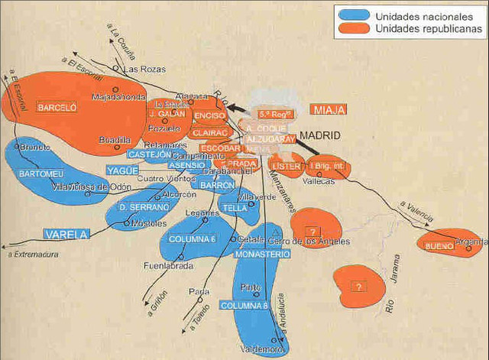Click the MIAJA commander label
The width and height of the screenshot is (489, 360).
pyautogui.click(x=329, y=110)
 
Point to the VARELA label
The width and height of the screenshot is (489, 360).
pyautogui.click(x=66, y=234)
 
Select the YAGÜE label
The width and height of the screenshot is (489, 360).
pyautogui.click(x=122, y=170)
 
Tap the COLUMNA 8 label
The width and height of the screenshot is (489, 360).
pyautogui.click(x=244, y=306)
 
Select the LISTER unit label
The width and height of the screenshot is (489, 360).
pyautogui.click(x=287, y=166)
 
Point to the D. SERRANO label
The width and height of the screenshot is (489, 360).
pyautogui.click(x=144, y=207)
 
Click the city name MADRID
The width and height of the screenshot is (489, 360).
pyautogui.click(x=319, y=135)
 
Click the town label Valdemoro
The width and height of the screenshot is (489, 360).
pyautogui.click(x=262, y=349)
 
